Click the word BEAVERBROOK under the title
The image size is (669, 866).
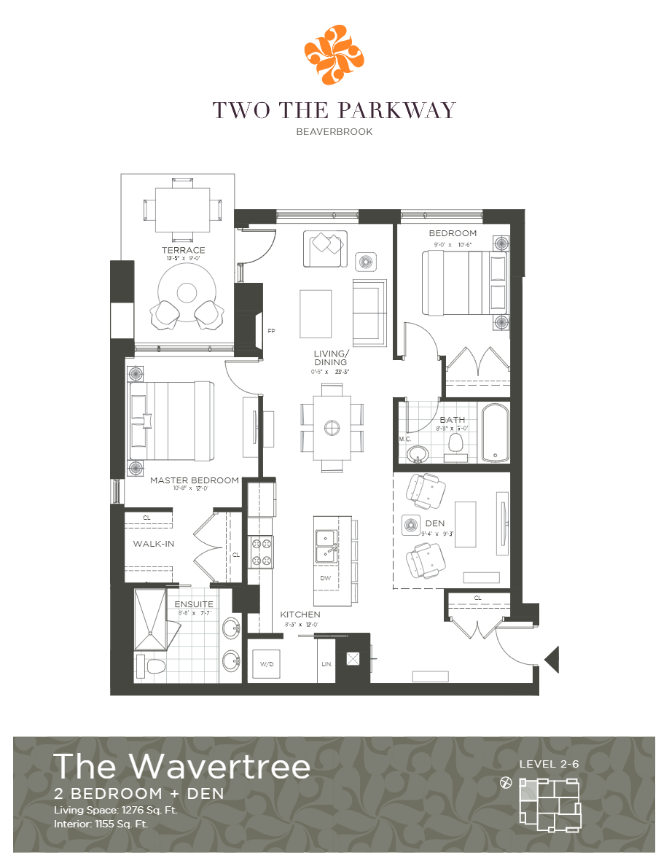coord(334,132)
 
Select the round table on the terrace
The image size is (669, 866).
coord(187,292)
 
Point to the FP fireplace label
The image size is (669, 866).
coord(271,331)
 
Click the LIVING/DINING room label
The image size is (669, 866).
coord(330,357)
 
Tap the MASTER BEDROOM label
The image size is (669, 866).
coord(194,480)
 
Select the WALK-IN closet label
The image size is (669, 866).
coord(154,544)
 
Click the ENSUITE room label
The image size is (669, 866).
coord(194,604)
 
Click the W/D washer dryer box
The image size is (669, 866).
coord(265,664)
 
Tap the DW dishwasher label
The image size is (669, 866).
coord(325,578)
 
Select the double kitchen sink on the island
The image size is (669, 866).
coord(325,547)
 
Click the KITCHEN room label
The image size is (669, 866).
coord(300,615)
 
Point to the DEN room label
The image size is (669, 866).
coord(435,523)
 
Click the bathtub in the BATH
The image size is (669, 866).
coord(496,432)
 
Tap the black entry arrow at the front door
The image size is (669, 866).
coord(552,660)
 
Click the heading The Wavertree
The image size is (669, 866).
coord(182,766)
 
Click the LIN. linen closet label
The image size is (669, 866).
coord(326,664)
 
